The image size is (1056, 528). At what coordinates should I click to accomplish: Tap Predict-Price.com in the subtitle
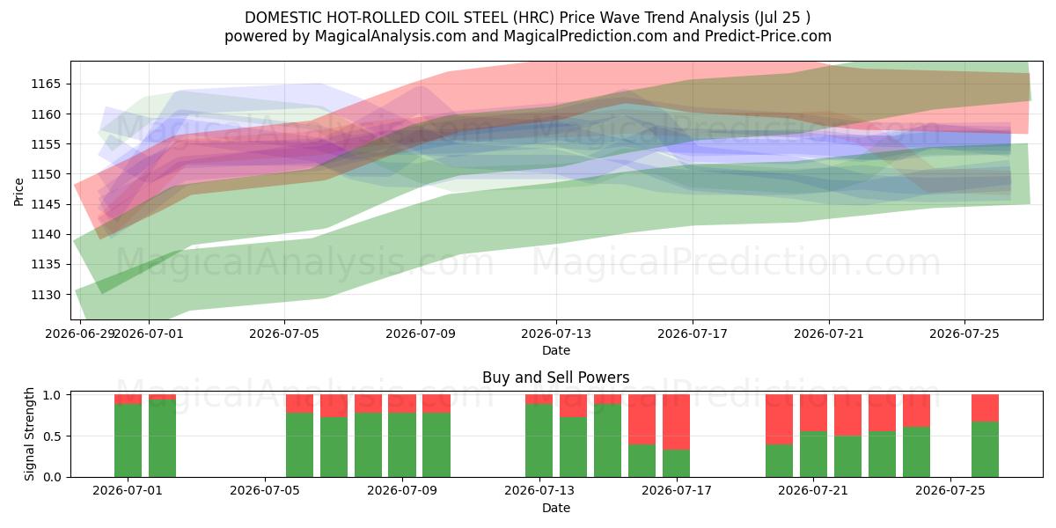[768, 36]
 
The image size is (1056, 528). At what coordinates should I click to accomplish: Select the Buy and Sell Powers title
[556, 378]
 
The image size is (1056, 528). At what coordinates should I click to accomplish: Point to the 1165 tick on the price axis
[46, 84]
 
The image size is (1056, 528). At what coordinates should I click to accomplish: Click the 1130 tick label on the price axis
[46, 295]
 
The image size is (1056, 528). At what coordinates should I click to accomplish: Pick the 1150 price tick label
[46, 174]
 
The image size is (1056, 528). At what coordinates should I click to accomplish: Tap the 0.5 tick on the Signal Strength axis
[52, 436]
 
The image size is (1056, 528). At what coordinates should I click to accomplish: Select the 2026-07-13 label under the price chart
[556, 334]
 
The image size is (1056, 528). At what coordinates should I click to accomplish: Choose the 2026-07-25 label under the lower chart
[950, 491]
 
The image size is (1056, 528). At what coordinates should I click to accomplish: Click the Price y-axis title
[18, 193]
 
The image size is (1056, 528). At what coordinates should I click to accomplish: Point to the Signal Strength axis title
[29, 434]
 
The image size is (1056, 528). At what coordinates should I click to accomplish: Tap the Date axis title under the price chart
[556, 351]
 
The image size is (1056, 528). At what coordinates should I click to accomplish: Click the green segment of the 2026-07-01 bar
[128, 440]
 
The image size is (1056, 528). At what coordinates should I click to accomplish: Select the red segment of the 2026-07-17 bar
[676, 422]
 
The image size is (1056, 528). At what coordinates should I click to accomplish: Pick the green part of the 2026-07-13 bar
[539, 440]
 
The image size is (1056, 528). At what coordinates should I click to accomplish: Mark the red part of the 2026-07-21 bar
[813, 413]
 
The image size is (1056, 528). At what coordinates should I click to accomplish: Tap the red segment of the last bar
[985, 408]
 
